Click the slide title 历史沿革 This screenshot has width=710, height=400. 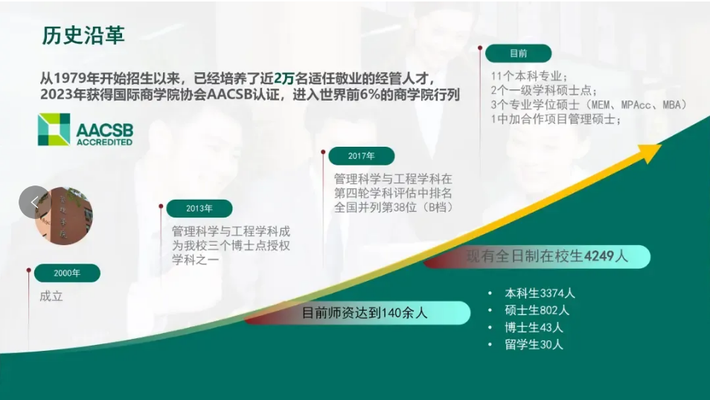point(83,35)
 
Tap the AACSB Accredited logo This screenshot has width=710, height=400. point(86,130)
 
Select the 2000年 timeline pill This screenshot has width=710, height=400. point(67,273)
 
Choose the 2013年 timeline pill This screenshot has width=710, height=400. point(199,209)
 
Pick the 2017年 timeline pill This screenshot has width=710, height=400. point(362,156)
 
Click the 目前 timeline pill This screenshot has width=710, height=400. point(519,54)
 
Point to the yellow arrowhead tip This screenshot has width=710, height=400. point(662,145)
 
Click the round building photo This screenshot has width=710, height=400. point(64,216)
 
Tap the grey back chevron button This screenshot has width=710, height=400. point(34,202)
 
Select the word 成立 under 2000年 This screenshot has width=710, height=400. point(51,296)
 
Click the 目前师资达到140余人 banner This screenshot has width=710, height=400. point(358,313)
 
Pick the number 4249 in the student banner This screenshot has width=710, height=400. point(599,256)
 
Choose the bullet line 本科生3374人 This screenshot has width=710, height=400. point(540,293)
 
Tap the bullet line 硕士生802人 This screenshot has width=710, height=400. point(537,311)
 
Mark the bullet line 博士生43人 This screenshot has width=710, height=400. point(534,328)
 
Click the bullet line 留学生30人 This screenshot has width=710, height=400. point(534,345)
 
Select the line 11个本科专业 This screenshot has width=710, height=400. point(529,76)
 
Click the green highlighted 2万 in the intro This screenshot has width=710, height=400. point(284,78)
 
